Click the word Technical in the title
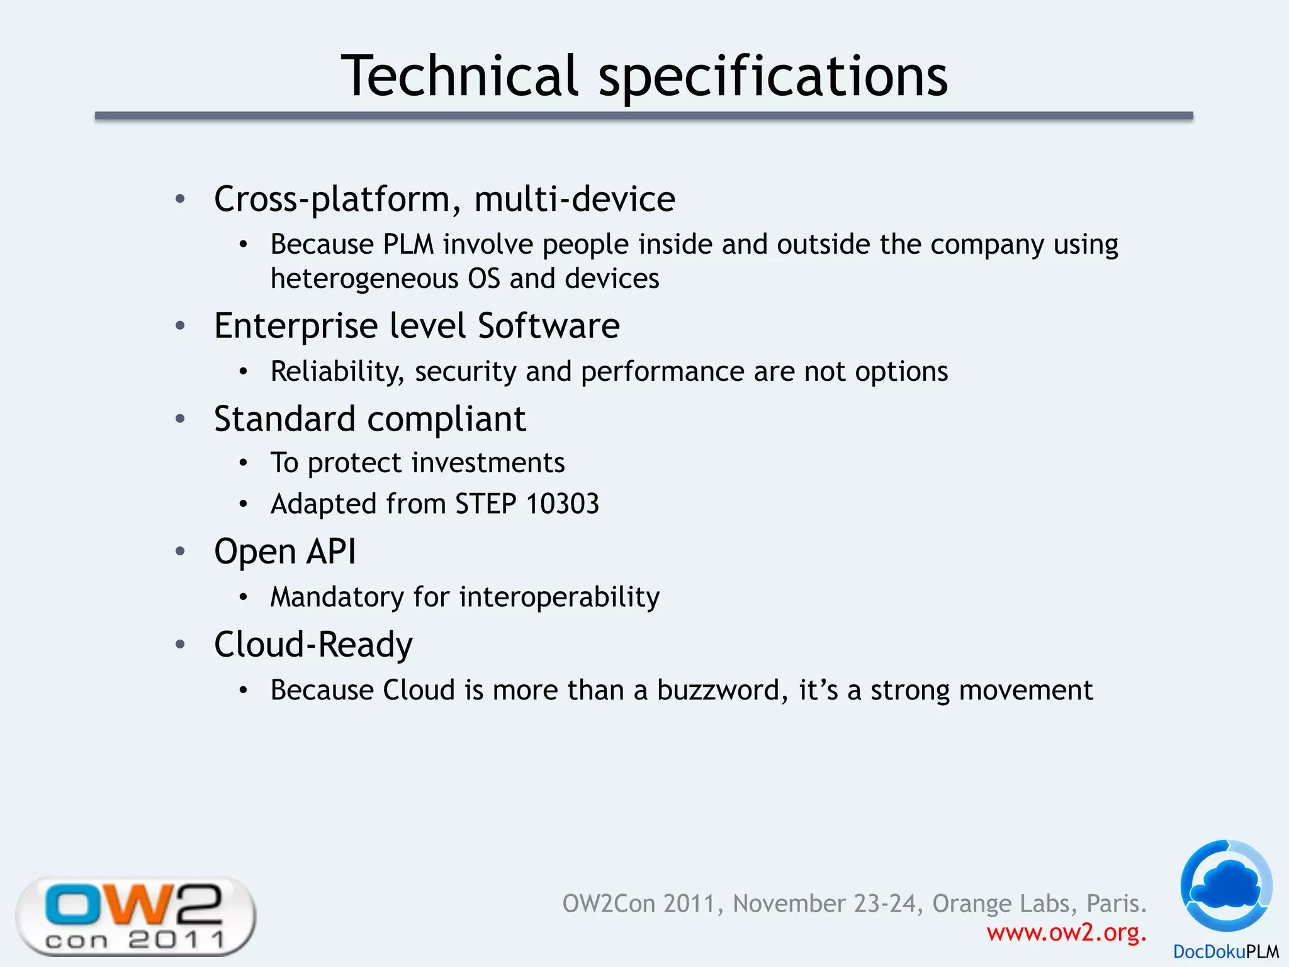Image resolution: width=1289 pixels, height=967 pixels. [459, 76]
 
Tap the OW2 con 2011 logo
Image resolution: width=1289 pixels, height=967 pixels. [135, 916]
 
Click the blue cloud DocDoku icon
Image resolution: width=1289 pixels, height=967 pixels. [1226, 885]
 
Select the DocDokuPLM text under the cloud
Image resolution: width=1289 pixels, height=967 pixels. [1225, 952]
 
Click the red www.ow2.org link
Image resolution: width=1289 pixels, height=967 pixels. [1066, 932]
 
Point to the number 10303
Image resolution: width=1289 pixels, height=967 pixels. [562, 504]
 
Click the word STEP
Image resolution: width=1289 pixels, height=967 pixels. [485, 504]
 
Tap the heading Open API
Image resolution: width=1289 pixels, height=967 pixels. [284, 551]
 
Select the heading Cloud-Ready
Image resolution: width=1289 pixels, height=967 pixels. [313, 645]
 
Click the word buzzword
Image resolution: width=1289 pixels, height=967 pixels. [721, 690]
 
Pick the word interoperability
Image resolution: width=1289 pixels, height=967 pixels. [560, 597]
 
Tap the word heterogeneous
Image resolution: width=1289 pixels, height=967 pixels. [364, 278]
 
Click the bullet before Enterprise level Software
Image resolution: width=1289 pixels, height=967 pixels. [181, 326]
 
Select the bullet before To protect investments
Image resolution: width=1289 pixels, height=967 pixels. [244, 464]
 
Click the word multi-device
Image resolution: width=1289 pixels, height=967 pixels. [574, 199]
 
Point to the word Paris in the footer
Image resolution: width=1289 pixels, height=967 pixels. [1116, 903]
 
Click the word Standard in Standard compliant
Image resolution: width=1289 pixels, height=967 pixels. [284, 419]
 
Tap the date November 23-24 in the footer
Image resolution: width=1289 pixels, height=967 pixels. [825, 903]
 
